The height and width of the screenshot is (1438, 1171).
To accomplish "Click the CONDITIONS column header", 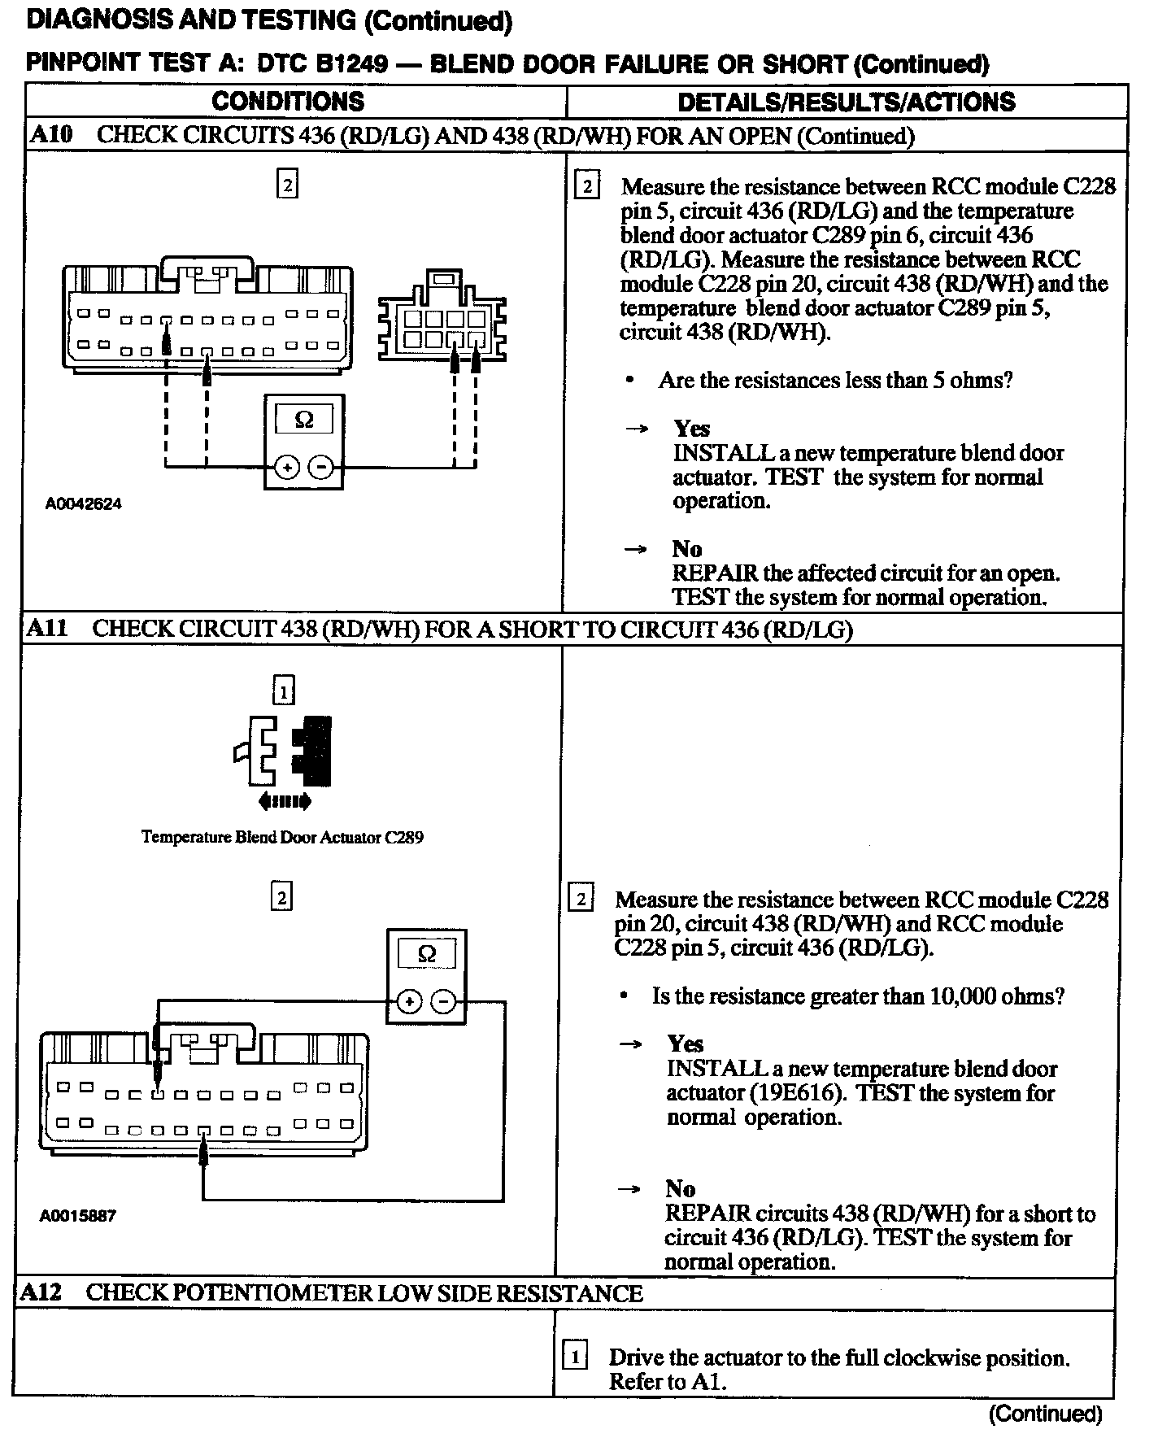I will pos(288,102).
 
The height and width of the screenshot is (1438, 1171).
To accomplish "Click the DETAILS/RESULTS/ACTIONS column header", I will pos(846,102).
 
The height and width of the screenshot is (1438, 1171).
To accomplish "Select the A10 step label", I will pos(50,134).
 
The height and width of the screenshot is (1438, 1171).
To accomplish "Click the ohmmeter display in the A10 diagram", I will pos(304,420).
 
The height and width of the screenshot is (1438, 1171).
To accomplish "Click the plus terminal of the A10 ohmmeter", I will pos(287,467).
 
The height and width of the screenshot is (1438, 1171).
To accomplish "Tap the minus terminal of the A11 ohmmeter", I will pos(443,1001).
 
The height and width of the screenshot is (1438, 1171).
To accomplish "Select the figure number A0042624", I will pos(84,503).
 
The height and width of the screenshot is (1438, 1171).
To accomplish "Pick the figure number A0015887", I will pos(78,1216).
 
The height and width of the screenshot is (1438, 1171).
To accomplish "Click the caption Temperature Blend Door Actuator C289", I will pos(282,837).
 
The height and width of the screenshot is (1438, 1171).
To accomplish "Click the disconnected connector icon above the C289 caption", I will pos(285,751).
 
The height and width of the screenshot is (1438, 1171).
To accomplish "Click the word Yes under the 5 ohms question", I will pos(691,429).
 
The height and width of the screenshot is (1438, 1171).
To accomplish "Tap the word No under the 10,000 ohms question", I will pos(681,1189).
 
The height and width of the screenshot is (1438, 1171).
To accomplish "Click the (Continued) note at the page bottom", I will pos(1045,1414).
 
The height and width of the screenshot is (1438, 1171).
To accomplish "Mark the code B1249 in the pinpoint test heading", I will pos(353,63).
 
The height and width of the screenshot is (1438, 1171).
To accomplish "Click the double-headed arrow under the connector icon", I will pos(284,802).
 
